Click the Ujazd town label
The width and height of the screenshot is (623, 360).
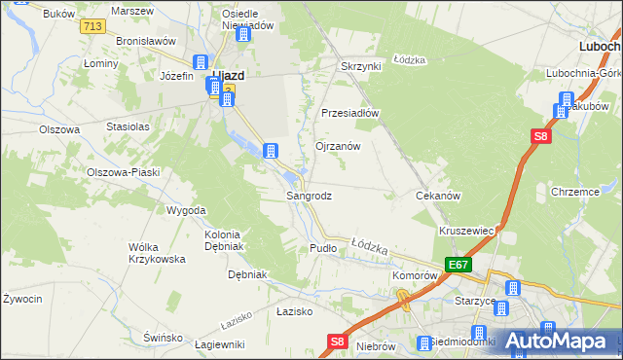click(227, 74)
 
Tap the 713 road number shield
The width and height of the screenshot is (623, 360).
click(93, 26)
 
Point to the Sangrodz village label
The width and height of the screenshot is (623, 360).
click(309, 196)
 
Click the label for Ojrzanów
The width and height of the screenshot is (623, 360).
click(338, 146)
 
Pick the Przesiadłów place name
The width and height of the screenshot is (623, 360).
click(349, 112)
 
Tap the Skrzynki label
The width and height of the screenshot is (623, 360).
click(359, 66)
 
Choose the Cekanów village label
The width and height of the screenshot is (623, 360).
click(437, 196)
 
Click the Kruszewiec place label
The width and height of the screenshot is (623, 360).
click(468, 231)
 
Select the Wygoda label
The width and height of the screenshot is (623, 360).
click(186, 210)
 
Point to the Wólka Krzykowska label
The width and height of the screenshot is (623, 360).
click(157, 253)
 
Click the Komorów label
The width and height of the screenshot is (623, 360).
click(414, 275)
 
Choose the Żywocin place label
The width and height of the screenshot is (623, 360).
click(22, 298)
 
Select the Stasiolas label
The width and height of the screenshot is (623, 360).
click(128, 126)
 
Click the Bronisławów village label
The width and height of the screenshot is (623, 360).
click(145, 42)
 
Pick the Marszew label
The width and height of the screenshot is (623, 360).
click(132, 10)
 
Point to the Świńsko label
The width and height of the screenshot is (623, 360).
click(163, 337)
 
